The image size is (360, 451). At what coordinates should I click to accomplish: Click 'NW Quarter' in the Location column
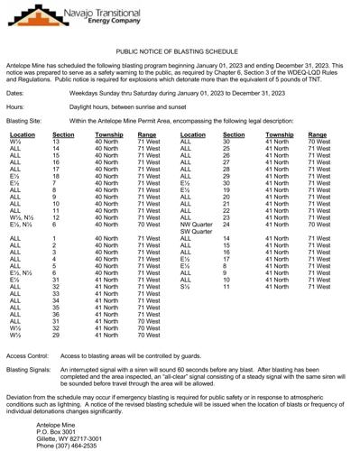coord(198,224)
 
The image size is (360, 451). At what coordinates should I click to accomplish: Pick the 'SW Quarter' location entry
coord(198,231)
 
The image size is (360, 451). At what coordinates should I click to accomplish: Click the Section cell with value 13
coord(56,142)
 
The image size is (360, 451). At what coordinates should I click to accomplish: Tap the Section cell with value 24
coord(226,224)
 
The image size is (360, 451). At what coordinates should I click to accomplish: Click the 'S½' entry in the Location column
coord(186,286)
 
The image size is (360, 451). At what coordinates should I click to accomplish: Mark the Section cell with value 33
coord(56,293)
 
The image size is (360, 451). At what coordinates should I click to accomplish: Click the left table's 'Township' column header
coord(109,133)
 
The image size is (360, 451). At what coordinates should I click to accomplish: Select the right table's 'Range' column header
coord(318,133)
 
